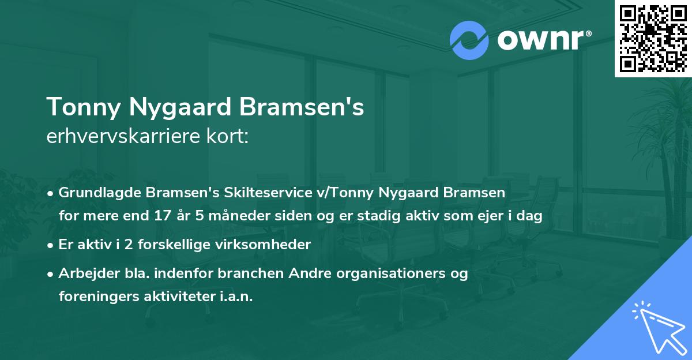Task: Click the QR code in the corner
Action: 653,38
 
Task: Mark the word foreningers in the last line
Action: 96,297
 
